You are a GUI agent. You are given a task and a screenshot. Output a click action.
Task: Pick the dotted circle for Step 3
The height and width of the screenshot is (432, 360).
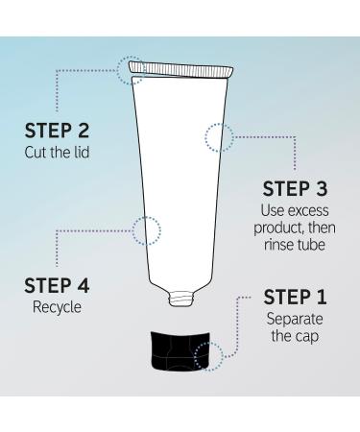pos(218,137)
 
